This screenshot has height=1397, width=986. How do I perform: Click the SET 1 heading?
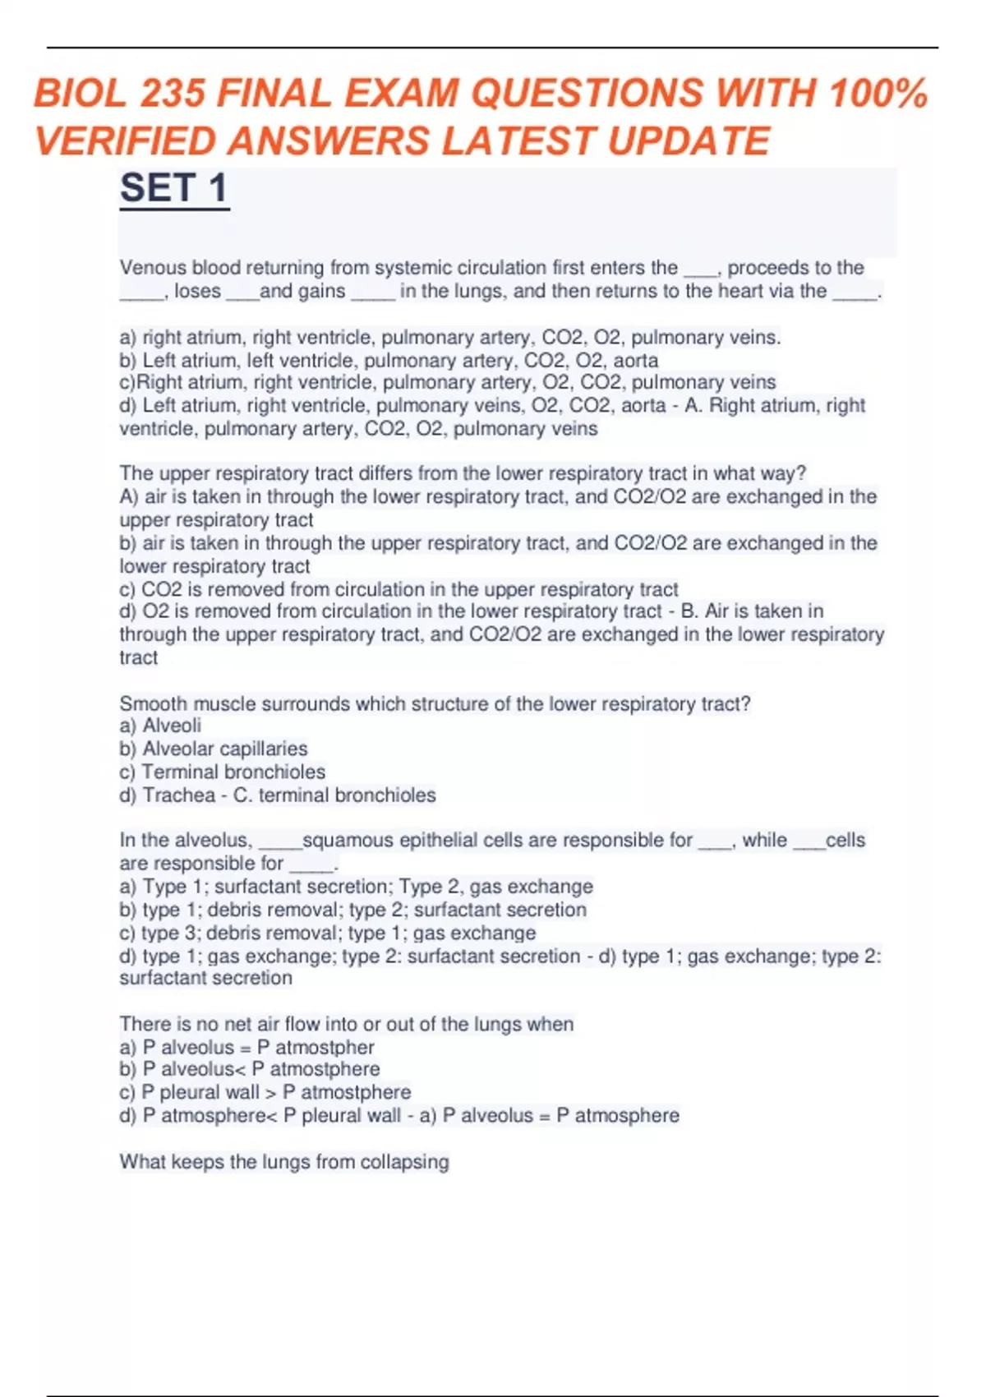coord(173,188)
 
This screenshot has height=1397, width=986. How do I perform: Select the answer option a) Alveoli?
coord(160,726)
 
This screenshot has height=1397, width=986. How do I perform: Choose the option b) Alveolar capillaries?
coord(214,749)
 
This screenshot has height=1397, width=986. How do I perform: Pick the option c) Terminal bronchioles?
coord(222,772)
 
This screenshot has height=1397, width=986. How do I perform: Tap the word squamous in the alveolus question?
coord(348,840)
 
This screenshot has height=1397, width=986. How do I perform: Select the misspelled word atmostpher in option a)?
coord(325,1047)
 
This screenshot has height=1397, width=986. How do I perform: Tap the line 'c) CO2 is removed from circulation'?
coord(399,589)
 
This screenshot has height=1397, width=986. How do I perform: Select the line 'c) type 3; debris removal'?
coord(327,933)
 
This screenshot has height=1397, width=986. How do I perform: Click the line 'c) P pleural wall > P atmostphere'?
coord(265,1092)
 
